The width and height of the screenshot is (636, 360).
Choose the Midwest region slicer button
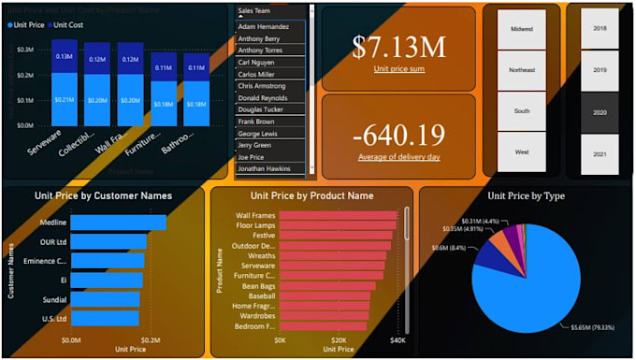(x=522, y=29)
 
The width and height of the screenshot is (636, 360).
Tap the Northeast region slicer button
(x=522, y=70)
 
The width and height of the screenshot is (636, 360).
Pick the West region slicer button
(x=522, y=151)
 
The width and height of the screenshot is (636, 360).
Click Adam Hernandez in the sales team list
(x=264, y=27)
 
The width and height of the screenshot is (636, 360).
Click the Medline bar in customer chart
(x=118, y=223)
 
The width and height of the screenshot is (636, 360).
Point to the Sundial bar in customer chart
(x=105, y=299)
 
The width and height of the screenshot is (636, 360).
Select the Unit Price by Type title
(x=526, y=196)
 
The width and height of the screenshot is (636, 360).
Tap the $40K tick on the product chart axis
(x=397, y=340)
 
